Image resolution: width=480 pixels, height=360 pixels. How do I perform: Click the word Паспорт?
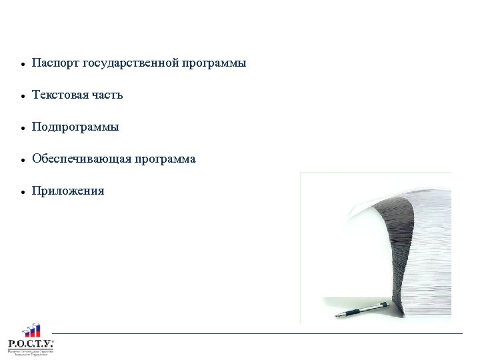click(55, 63)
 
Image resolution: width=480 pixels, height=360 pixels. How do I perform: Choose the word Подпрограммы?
click(75, 127)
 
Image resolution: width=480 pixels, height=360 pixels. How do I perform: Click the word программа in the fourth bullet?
click(165, 159)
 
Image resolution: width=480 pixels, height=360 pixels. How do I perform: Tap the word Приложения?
click(68, 191)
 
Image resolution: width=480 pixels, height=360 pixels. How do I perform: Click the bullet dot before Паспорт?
click(23, 65)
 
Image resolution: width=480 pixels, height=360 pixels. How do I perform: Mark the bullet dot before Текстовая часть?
click(23, 97)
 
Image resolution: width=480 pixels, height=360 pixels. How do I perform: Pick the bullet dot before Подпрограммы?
click(23, 128)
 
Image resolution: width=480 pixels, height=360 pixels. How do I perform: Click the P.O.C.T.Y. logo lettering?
click(30, 343)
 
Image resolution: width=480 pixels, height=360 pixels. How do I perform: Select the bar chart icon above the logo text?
click(31, 330)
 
